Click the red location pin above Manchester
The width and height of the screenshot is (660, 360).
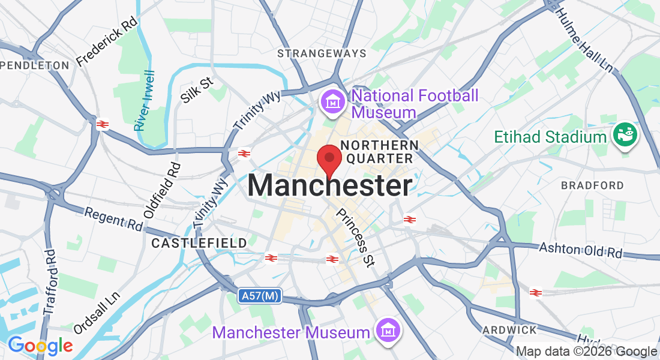pyautogui.click(x=329, y=158)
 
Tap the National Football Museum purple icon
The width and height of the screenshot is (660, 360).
pyautogui.click(x=331, y=102)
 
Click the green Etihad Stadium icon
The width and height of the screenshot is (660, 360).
pyautogui.click(x=625, y=136)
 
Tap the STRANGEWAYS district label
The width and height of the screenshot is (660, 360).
pyautogui.click(x=322, y=53)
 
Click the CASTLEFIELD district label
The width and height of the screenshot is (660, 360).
pyautogui.click(x=199, y=243)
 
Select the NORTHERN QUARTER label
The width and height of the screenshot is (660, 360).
pyautogui.click(x=379, y=152)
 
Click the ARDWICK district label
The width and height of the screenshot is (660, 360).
pyautogui.click(x=510, y=330)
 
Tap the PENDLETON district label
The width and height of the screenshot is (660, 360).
pyautogui.click(x=34, y=65)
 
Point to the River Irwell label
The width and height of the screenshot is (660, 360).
pyautogui.click(x=145, y=101)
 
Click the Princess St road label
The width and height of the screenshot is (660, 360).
pyautogui.click(x=356, y=238)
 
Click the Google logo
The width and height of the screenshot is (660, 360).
pyautogui.click(x=40, y=346)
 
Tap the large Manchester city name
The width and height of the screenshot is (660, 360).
pyautogui.click(x=330, y=186)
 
